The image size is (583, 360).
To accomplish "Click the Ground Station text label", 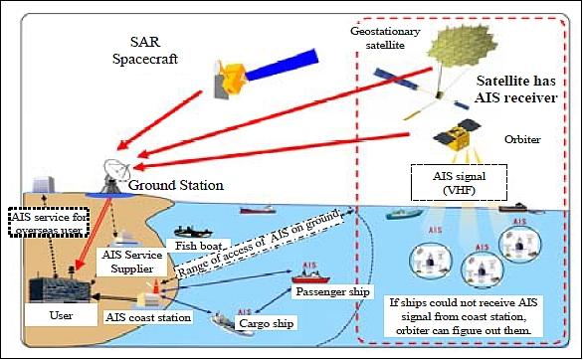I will [176, 186].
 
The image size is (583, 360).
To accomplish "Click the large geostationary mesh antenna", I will [468, 38].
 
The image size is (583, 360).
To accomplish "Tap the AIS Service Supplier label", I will [130, 261].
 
